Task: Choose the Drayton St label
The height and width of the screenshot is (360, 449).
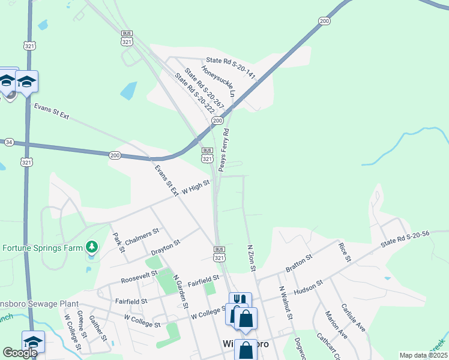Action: [x=166, y=246]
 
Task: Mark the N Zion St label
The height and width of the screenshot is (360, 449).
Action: [x=252, y=259]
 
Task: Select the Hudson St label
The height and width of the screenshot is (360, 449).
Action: [x=309, y=287]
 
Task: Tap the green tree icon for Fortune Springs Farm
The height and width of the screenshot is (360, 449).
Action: [x=91, y=246]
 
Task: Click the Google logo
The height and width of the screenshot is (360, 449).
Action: [x=20, y=353]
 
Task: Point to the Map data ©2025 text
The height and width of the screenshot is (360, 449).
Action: [x=423, y=355]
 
